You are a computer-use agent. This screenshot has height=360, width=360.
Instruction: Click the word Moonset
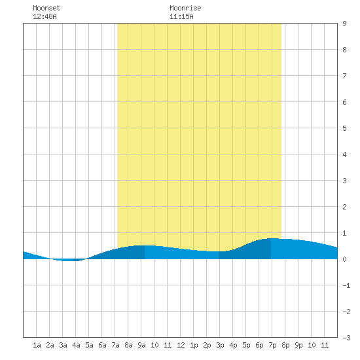[x=46, y=8]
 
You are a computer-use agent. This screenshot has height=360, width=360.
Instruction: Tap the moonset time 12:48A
[x=45, y=16]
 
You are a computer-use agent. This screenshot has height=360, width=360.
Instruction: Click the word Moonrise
[x=185, y=8]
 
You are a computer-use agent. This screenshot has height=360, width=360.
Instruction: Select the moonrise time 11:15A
[x=181, y=16]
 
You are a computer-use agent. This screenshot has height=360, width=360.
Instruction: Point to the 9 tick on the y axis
[x=344, y=24]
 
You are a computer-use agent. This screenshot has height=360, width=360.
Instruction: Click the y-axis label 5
[x=344, y=128]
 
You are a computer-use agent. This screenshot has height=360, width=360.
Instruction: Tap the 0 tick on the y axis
[x=344, y=259]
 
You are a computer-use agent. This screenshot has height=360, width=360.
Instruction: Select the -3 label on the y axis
[x=346, y=338]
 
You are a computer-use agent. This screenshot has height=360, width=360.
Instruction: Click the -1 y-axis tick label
[x=346, y=285]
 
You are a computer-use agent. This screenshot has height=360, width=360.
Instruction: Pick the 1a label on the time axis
[x=37, y=345]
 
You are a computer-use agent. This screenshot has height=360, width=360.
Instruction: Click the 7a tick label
[x=115, y=345]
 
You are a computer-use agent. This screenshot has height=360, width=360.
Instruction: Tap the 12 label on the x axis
[x=181, y=345]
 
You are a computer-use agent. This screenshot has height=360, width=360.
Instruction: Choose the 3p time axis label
[x=220, y=345]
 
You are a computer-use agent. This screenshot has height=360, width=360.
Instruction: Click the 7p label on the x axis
[x=272, y=345]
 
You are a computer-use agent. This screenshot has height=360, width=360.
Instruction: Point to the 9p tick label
[x=298, y=345]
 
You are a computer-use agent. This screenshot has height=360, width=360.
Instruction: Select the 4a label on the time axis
[x=76, y=345]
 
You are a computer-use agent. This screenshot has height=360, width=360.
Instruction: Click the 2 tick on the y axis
[x=344, y=207]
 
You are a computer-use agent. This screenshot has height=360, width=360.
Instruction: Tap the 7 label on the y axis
[x=344, y=76]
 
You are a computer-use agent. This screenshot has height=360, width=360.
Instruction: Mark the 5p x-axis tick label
[x=246, y=345]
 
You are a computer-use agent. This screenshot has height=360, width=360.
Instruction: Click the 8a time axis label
[x=128, y=345]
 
